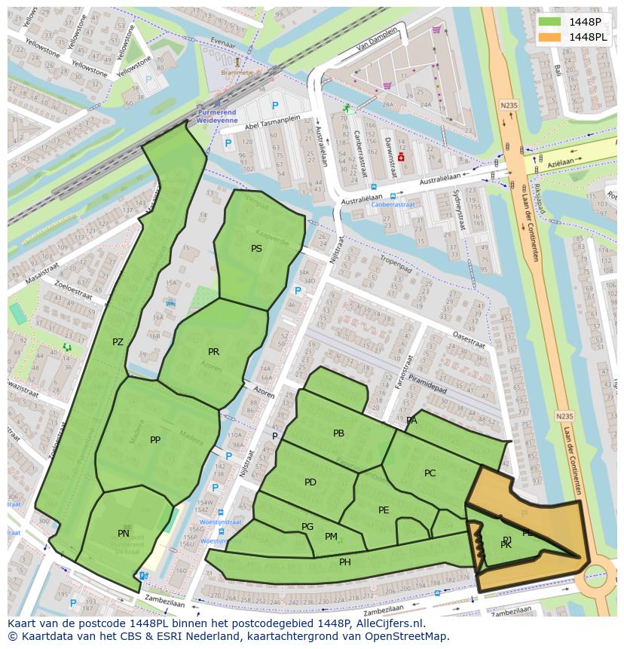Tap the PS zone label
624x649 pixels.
(x=257, y=248)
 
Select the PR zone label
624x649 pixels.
(x=214, y=352)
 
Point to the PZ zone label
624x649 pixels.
(x=118, y=342)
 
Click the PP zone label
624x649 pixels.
(x=155, y=440)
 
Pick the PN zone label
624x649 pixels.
(x=124, y=534)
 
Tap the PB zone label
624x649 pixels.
(x=338, y=433)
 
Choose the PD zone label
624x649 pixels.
(x=310, y=482)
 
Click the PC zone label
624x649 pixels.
(x=430, y=473)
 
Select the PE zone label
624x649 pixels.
(x=384, y=510)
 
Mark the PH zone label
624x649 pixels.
(x=345, y=562)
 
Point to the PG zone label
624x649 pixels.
(x=307, y=527)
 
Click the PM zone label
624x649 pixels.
(x=331, y=537)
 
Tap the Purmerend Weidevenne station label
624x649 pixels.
(x=216, y=116)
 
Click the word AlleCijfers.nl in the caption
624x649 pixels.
(x=387, y=624)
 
